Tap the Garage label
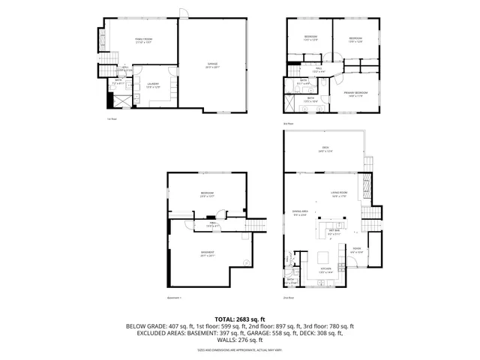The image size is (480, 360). click(x=212, y=65)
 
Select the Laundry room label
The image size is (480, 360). click(x=153, y=85)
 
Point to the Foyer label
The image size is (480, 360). click(x=357, y=250)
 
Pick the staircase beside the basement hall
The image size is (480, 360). click(x=257, y=225)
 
